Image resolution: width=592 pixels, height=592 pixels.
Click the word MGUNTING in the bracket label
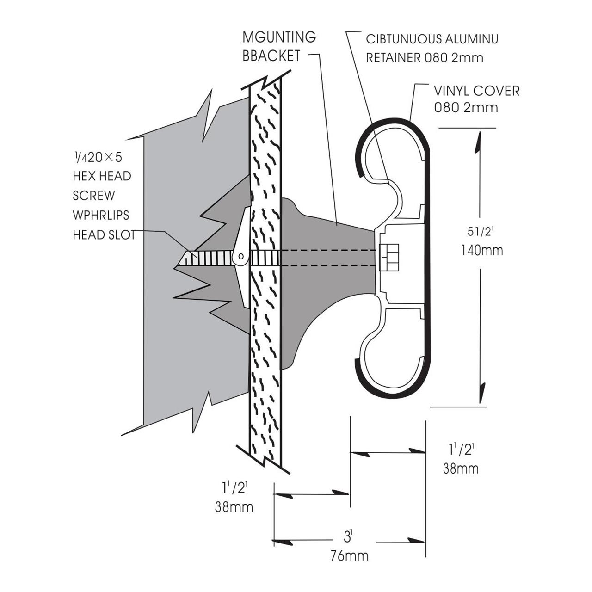tap(279, 37)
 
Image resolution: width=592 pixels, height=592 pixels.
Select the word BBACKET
tap(271, 56)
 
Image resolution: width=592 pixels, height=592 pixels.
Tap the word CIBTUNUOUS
tap(403, 39)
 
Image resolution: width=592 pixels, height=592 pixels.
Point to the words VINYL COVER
tap(476, 91)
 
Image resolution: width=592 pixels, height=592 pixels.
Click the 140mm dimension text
tap(482, 251)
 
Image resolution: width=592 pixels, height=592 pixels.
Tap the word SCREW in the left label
tap(94, 196)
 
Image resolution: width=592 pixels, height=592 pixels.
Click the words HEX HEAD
tap(102, 176)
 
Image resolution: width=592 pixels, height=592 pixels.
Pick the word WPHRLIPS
tap(101, 216)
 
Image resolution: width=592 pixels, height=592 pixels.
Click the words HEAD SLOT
tap(104, 235)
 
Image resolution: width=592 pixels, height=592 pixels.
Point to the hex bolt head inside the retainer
tap(389, 257)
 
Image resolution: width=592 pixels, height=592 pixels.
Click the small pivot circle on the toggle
tap(241, 256)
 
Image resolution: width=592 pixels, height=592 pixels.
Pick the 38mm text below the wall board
tap(234, 507)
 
